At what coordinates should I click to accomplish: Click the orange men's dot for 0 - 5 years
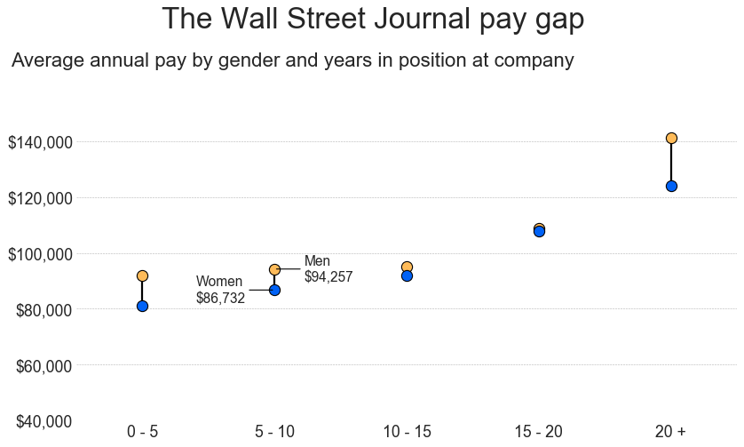pyautogui.click(x=142, y=275)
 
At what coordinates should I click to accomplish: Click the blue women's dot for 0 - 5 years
pyautogui.click(x=142, y=306)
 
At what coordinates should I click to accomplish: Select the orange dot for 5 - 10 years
pyautogui.click(x=274, y=269)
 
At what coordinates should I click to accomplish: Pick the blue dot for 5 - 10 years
pyautogui.click(x=274, y=290)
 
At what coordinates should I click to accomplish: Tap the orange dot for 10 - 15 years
pyautogui.click(x=407, y=267)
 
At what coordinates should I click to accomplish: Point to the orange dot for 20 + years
pyautogui.click(x=671, y=138)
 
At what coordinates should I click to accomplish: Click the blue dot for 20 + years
pyautogui.click(x=671, y=186)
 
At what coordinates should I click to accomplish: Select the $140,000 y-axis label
pyautogui.click(x=40, y=142)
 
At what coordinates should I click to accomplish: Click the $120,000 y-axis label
pyautogui.click(x=40, y=198)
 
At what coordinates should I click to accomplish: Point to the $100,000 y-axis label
pyautogui.click(x=40, y=254)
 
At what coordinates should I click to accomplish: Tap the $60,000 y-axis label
pyautogui.click(x=40, y=365)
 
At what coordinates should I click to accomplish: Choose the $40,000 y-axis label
pyautogui.click(x=40, y=421)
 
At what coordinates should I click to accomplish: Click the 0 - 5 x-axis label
pyautogui.click(x=142, y=432)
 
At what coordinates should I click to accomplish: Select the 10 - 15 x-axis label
pyautogui.click(x=407, y=432)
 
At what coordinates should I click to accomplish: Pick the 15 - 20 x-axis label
pyautogui.click(x=538, y=432)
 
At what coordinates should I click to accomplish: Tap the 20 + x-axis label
pyautogui.click(x=670, y=432)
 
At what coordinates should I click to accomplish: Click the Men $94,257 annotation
pyautogui.click(x=328, y=269)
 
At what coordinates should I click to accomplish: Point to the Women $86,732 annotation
pyautogui.click(x=220, y=290)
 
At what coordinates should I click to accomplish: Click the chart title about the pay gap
pyautogui.click(x=373, y=19)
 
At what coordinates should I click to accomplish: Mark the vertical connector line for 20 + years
pyautogui.click(x=671, y=162)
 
